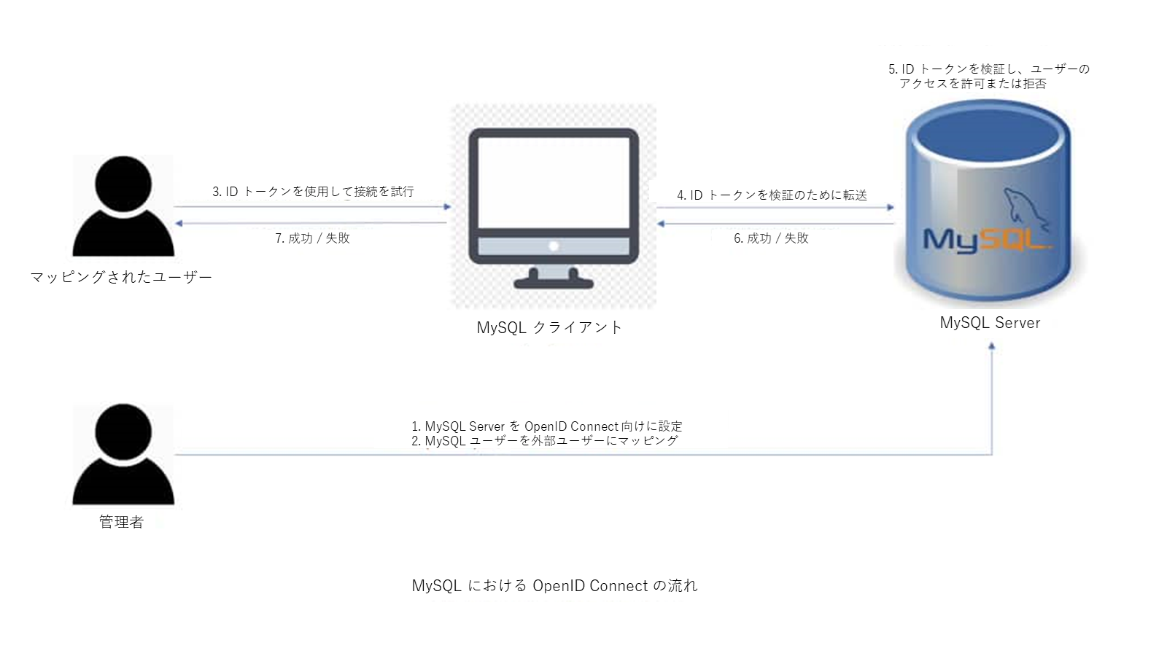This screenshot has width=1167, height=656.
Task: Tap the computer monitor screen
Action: [x=554, y=182]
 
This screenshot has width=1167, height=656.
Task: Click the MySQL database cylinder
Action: [x=989, y=204]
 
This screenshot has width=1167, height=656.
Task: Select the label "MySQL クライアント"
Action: [x=549, y=328]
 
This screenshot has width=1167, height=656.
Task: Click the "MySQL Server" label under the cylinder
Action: [x=990, y=323]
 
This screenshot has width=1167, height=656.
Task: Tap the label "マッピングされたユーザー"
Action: [x=121, y=277]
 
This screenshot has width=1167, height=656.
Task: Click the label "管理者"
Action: [x=121, y=522]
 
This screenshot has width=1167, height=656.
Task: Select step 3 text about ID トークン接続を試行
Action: [x=313, y=192]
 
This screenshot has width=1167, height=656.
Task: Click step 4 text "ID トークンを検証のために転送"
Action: [x=772, y=195]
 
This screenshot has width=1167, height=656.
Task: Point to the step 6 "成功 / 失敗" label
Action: [x=771, y=238]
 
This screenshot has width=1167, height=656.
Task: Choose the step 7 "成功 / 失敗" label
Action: [x=312, y=238]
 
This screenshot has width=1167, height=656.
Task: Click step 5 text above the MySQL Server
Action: [x=988, y=76]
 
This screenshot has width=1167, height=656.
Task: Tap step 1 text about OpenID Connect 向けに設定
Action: [x=546, y=426]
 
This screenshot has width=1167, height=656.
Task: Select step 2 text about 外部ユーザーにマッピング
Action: [x=545, y=441]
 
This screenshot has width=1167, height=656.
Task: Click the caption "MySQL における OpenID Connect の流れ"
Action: [x=554, y=586]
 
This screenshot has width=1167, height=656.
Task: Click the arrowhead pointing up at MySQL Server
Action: [x=991, y=347]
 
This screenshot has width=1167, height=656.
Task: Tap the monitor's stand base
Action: [x=554, y=283]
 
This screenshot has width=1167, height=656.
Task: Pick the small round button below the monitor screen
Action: [x=554, y=246]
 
